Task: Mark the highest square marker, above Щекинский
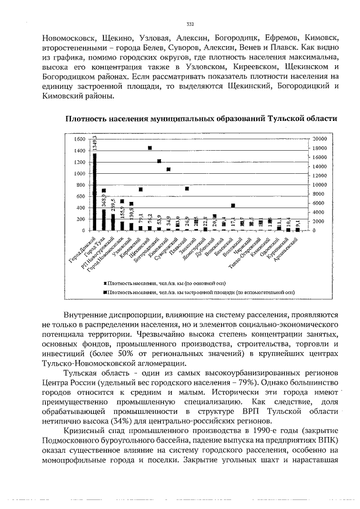tap(150, 148)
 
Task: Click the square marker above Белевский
tap(233, 205)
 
